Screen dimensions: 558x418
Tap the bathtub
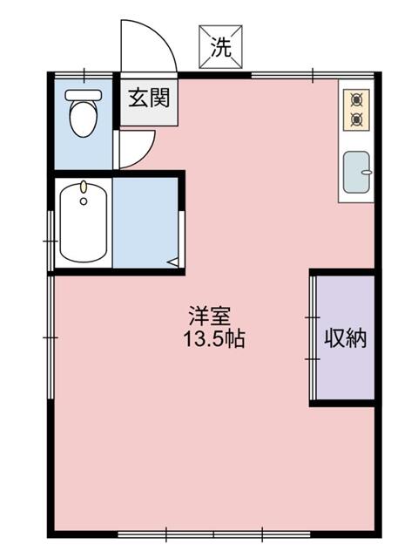pos(84,224)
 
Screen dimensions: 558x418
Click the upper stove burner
pos(356,99)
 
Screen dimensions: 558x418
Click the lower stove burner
pos(356,118)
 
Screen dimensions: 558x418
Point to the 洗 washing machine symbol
pos(221,48)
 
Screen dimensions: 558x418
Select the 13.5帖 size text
pos(213,339)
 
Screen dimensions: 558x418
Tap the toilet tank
pos(84,94)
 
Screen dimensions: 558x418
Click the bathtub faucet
pos(83,189)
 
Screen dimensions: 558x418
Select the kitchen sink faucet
pos(366,173)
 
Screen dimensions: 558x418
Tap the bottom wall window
pos(213,532)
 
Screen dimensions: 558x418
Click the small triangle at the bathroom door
pos(172,259)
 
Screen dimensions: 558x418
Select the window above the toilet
pos(84,73)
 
